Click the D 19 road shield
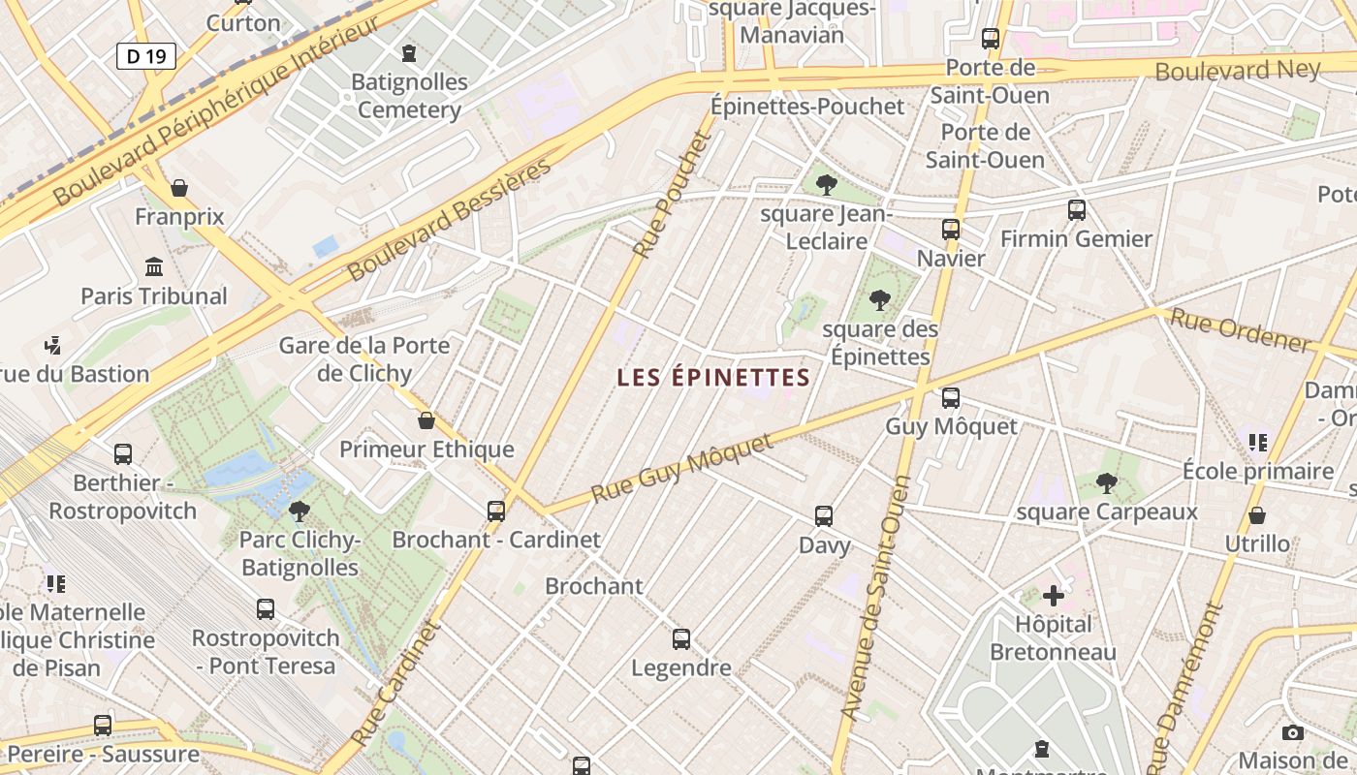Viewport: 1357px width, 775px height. coord(146,56)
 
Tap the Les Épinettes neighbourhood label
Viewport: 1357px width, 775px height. coord(713,378)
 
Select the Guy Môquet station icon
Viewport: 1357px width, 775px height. coord(951,398)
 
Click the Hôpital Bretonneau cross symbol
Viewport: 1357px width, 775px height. coord(1054,595)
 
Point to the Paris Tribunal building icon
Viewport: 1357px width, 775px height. coord(154,266)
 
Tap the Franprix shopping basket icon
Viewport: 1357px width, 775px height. coord(178,188)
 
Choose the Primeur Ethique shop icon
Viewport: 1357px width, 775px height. coord(426,420)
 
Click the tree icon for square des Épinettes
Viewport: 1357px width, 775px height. coord(880,300)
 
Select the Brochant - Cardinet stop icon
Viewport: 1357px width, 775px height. coord(496,511)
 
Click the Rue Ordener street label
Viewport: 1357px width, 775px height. coord(1240,330)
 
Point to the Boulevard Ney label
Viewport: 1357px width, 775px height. coord(1237,70)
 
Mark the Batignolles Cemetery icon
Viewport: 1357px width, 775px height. coord(409,52)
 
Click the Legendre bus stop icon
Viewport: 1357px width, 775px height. coord(681,639)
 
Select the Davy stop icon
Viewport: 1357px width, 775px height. coord(824,516)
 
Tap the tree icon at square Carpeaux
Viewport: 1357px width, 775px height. coord(1106,482)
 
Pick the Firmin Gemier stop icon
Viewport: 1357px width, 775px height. coord(1076,209)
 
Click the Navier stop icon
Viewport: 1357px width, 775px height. coord(951,230)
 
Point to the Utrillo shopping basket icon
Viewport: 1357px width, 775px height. coord(1257,515)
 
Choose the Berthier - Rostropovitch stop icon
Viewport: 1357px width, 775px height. coord(123,453)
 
